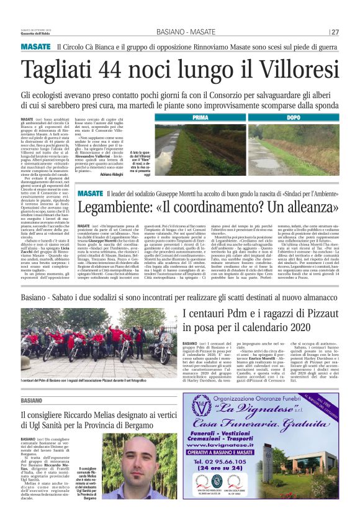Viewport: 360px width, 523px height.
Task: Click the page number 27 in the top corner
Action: coord(335,32)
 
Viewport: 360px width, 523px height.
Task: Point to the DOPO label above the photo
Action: coord(294,117)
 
